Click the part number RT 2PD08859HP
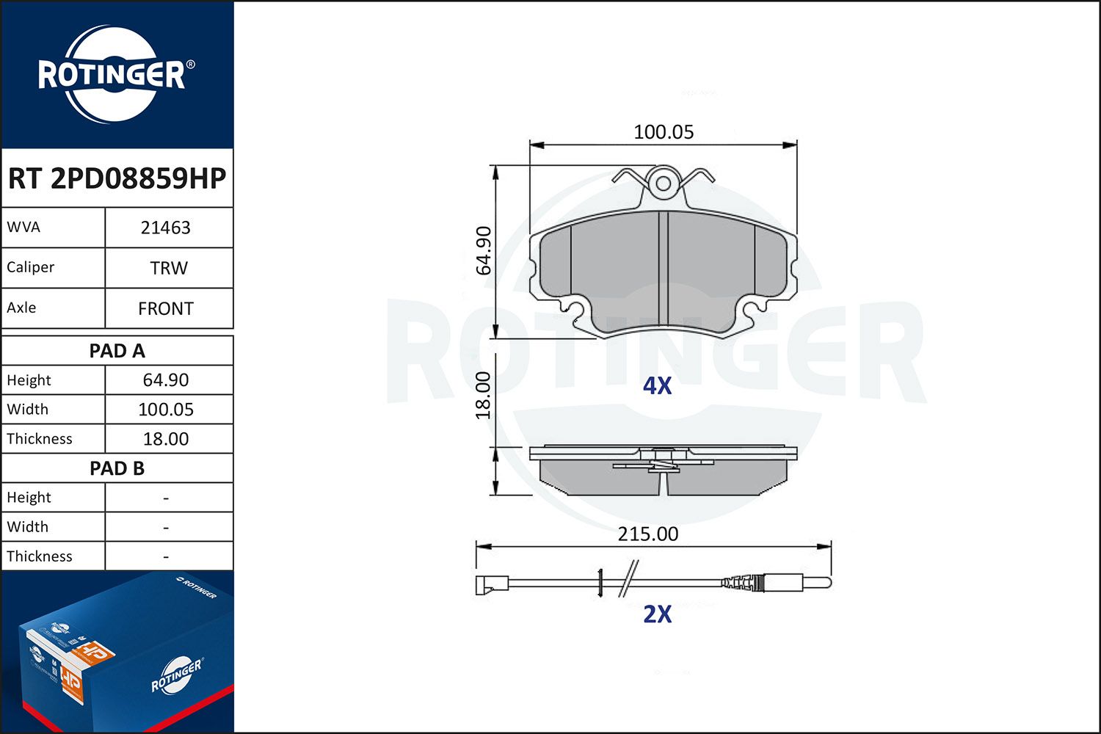pyautogui.click(x=117, y=178)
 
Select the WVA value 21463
pyautogui.click(x=166, y=228)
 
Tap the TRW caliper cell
pyautogui.click(x=169, y=268)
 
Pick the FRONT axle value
pyautogui.click(x=166, y=309)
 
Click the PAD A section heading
pyautogui.click(x=117, y=351)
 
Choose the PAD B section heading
pyautogui.click(x=117, y=468)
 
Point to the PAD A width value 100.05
pyautogui.click(x=166, y=410)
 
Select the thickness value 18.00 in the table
pyautogui.click(x=166, y=439)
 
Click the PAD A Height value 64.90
pyautogui.click(x=166, y=380)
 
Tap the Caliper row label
pyautogui.click(x=31, y=267)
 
